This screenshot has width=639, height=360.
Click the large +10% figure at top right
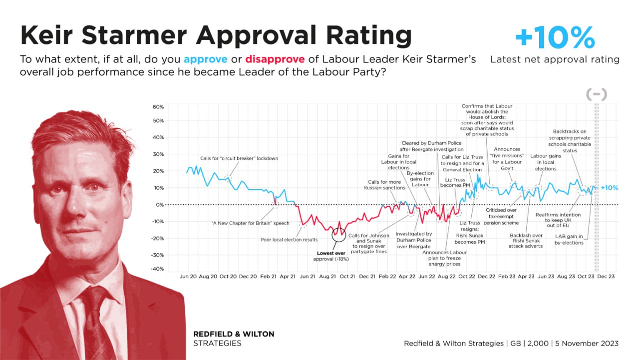point(555,37)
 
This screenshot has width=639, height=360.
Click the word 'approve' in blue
point(205,59)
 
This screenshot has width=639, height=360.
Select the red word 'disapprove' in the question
point(275,59)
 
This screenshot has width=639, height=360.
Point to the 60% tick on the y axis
point(158,107)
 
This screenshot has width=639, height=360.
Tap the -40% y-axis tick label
point(157,269)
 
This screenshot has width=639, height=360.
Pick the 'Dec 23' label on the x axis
point(606,276)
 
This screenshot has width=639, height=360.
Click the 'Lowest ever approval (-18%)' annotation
point(331,256)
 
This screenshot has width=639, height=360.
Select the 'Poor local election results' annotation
point(289,240)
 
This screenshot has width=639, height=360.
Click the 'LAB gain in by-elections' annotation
point(569,240)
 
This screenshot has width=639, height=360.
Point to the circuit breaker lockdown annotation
point(239,158)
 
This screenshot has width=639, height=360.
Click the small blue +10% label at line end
point(609,188)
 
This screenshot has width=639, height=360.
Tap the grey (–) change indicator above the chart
point(596,94)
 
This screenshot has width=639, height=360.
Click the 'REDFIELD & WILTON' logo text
point(234,334)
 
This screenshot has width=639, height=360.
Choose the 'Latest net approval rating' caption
point(555,59)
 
